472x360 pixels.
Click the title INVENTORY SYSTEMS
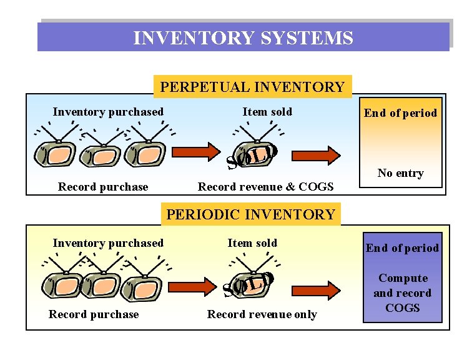click(x=243, y=39)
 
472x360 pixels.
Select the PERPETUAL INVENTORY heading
click(x=252, y=87)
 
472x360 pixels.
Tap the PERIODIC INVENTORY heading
click(x=250, y=214)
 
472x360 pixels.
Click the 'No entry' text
click(x=400, y=173)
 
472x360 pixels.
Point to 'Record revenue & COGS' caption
click(x=265, y=187)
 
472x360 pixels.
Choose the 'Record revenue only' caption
click(x=262, y=314)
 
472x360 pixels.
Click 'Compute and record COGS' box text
click(x=403, y=292)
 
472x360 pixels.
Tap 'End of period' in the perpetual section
click(x=400, y=113)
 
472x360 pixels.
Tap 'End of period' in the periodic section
click(x=402, y=248)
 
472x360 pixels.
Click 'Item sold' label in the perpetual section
click(x=267, y=112)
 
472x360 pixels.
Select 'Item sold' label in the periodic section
click(x=252, y=243)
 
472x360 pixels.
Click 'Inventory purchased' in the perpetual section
click(x=108, y=112)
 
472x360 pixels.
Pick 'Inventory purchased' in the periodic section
click(x=108, y=243)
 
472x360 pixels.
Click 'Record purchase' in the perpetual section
click(x=103, y=187)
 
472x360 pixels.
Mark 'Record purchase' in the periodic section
click(x=94, y=314)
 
